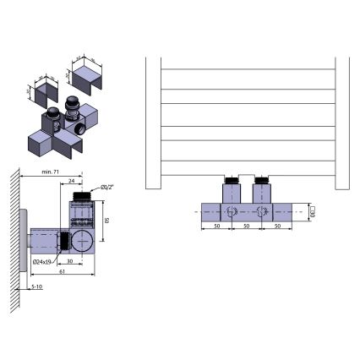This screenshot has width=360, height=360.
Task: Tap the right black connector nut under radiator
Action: tap(262, 180)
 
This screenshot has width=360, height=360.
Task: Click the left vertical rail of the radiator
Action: tap(153, 118)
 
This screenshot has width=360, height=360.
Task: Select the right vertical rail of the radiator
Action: tap(341, 118)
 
